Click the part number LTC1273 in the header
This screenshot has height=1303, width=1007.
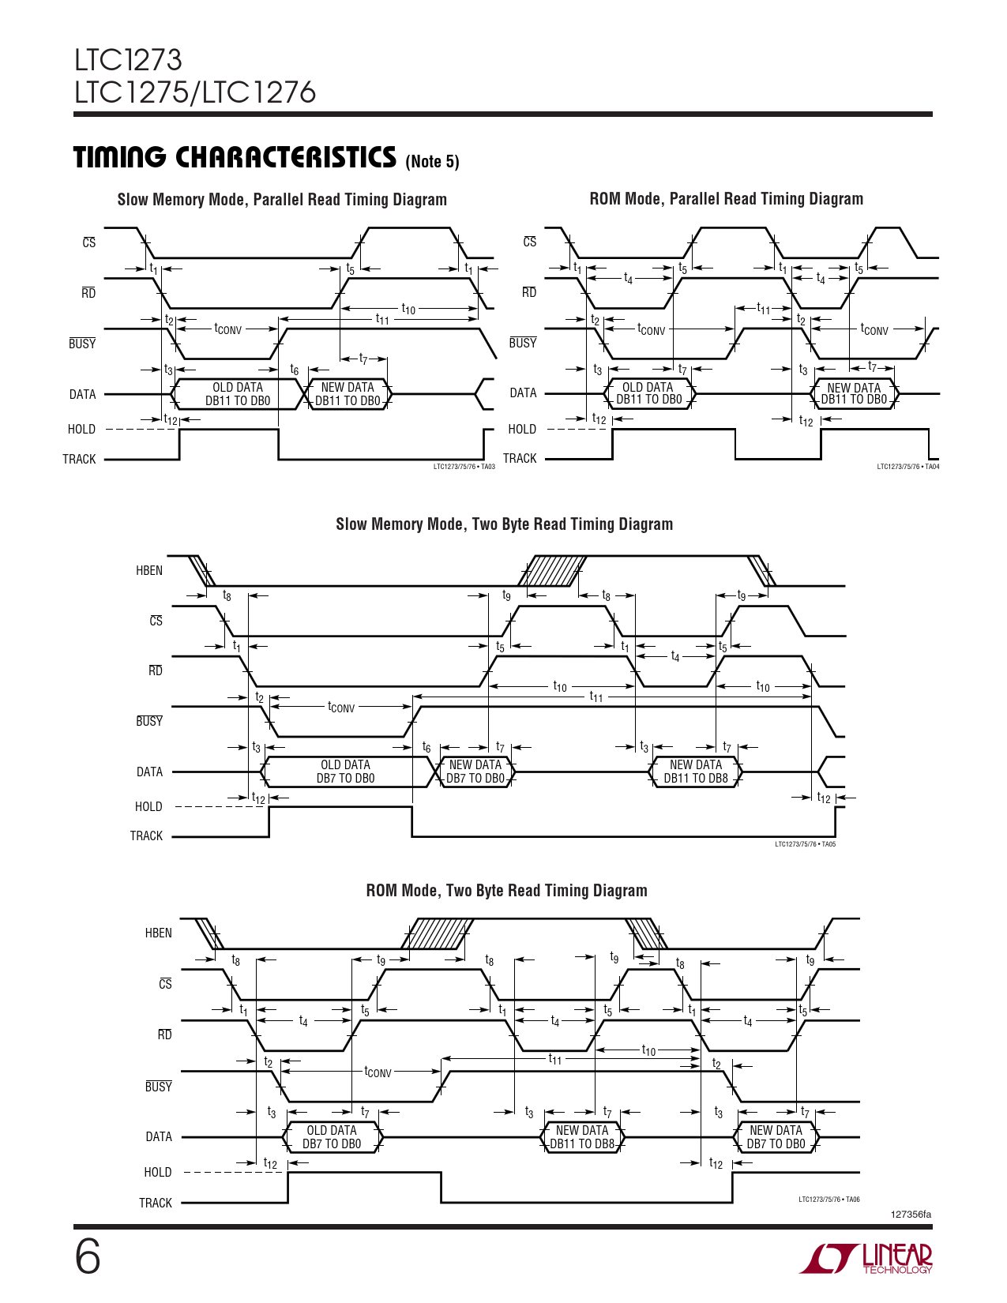coord(128,60)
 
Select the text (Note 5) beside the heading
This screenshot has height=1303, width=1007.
coord(432,161)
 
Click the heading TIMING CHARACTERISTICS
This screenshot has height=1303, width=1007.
coord(235,157)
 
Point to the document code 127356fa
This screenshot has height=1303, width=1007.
coord(911,1215)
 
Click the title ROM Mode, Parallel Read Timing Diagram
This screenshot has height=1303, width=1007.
coord(727,199)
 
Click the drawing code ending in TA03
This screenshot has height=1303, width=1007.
coord(464,467)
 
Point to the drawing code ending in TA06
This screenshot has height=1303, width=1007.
coord(829,1200)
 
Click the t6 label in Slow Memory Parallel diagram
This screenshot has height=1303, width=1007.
coord(294,370)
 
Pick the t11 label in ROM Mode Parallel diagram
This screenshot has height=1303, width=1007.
coord(763,308)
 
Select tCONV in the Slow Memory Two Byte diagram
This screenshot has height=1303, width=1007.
coord(341,707)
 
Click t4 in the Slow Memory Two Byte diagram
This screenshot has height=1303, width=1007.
coord(675,656)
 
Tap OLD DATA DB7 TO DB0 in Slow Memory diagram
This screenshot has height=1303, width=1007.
coord(345,772)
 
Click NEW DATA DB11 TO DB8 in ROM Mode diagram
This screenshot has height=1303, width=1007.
coord(582,1137)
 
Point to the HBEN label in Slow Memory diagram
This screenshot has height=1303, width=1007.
coord(149,570)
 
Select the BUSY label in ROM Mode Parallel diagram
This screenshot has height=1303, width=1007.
coord(522,343)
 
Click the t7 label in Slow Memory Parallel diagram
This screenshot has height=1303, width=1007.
coord(363,359)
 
